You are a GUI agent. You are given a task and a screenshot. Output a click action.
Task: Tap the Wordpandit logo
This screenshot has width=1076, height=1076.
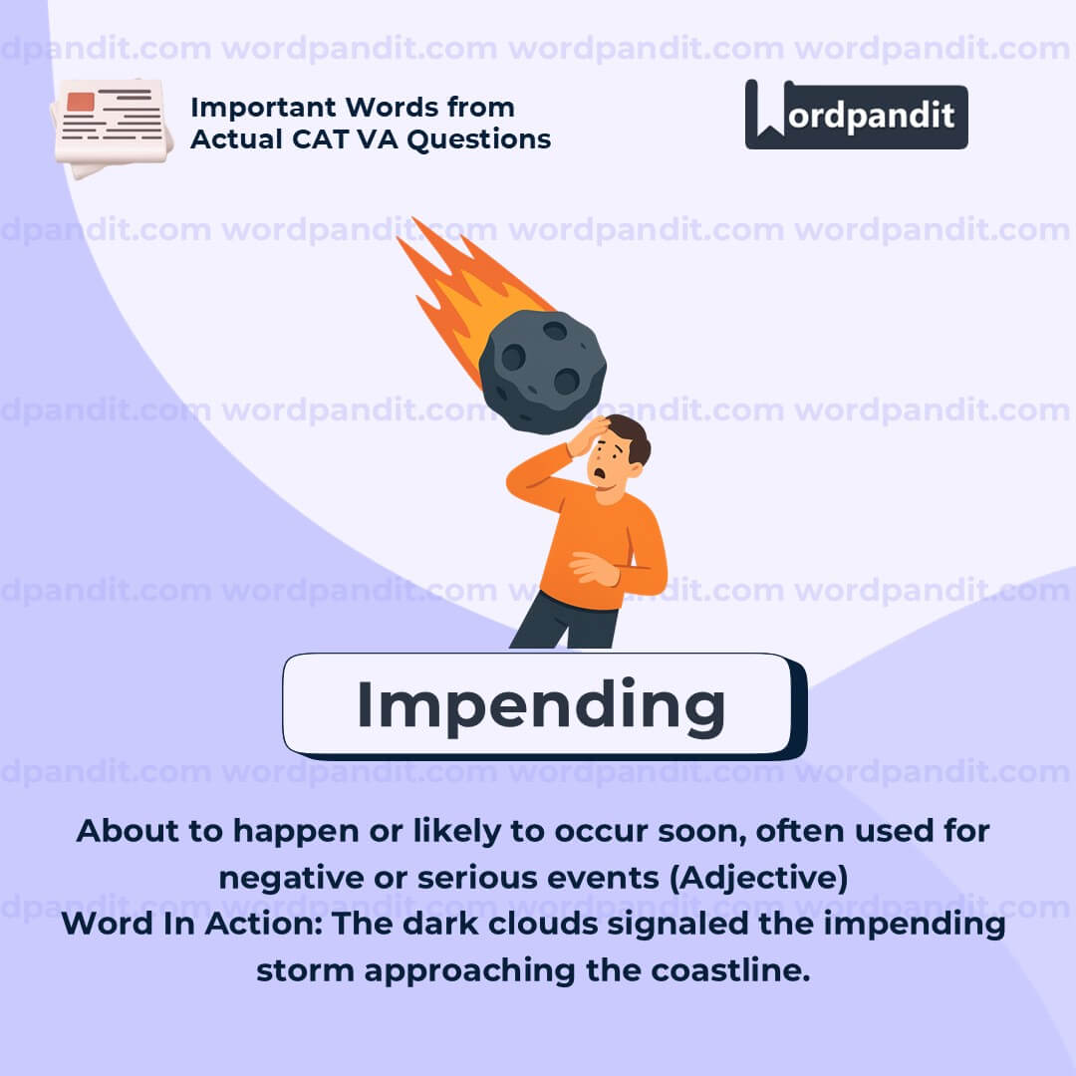[x=857, y=115]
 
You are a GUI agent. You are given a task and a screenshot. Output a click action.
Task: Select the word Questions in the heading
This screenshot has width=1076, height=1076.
[x=479, y=140]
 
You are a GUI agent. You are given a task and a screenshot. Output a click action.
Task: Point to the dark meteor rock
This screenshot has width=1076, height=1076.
[x=542, y=372]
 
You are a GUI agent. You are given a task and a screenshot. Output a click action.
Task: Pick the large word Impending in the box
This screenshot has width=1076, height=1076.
[x=541, y=705]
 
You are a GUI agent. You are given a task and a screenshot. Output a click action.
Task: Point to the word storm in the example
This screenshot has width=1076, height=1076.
[x=306, y=971]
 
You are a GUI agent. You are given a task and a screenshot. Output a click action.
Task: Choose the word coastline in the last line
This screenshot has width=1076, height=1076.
[x=730, y=970]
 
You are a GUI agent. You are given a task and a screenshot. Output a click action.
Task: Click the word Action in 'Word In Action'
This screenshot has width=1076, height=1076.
[x=263, y=924]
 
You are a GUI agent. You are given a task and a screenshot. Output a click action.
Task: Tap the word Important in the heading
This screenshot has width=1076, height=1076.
[x=263, y=108]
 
